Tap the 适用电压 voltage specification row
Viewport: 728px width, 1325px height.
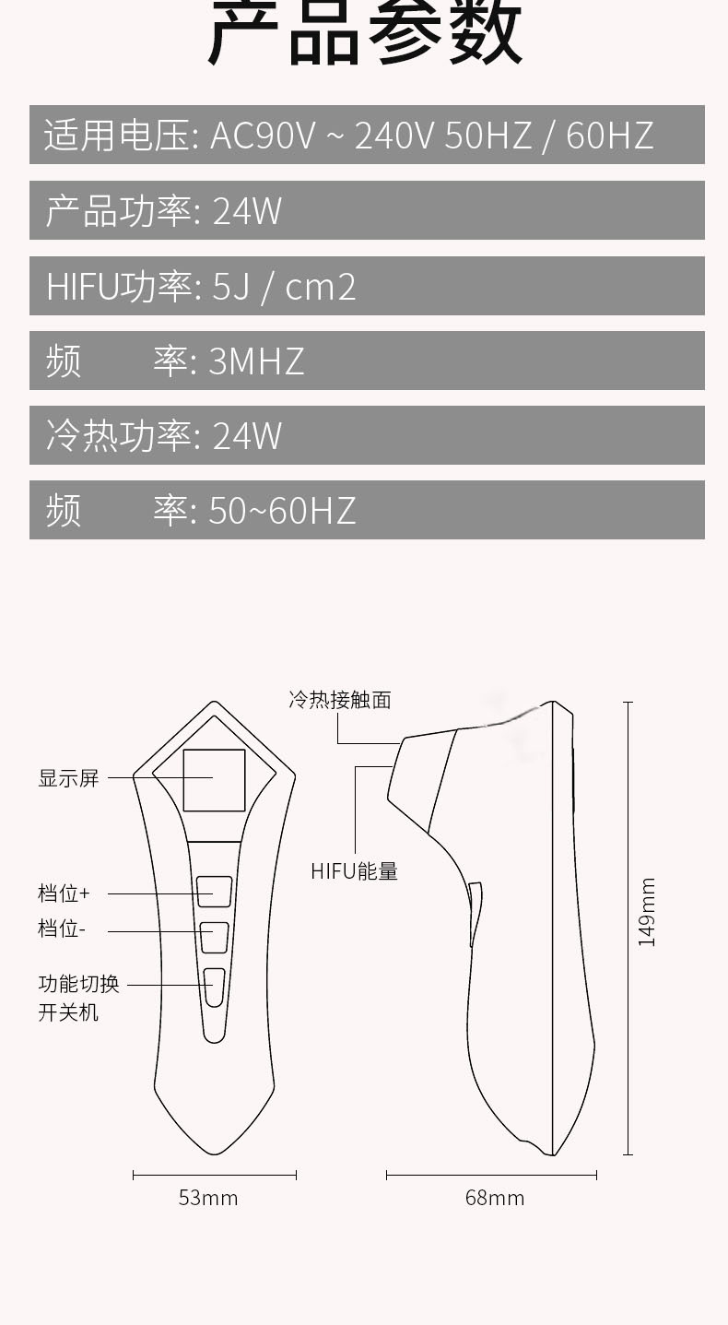pyautogui.click(x=367, y=136)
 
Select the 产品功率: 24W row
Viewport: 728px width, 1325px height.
pyautogui.click(x=367, y=210)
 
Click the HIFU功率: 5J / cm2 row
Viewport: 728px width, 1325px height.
pyautogui.click(x=367, y=286)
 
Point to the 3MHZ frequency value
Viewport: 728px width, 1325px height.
pyautogui.click(x=256, y=361)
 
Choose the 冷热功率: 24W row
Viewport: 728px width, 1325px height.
pyautogui.click(x=367, y=435)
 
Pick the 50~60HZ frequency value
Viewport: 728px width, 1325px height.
pyautogui.click(x=282, y=510)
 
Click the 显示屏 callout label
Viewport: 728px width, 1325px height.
pyautogui.click(x=68, y=778)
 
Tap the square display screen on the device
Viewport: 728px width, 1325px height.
pyautogui.click(x=214, y=780)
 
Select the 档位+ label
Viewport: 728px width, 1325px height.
pyautogui.click(x=64, y=893)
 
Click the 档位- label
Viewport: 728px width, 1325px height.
pyautogui.click(x=61, y=929)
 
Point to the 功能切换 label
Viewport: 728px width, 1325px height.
pyautogui.click(x=78, y=984)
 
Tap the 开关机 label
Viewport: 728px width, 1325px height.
pyautogui.click(x=68, y=1012)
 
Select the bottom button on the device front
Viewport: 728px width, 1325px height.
pyautogui.click(x=214, y=987)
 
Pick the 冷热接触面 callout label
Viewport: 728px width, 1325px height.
pyautogui.click(x=340, y=700)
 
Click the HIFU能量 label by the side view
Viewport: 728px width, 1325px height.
pyautogui.click(x=354, y=871)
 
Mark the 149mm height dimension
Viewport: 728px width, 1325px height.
pyautogui.click(x=647, y=912)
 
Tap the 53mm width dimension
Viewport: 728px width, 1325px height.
pyautogui.click(x=208, y=1198)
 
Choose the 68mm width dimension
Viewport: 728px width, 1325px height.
pyautogui.click(x=495, y=1198)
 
